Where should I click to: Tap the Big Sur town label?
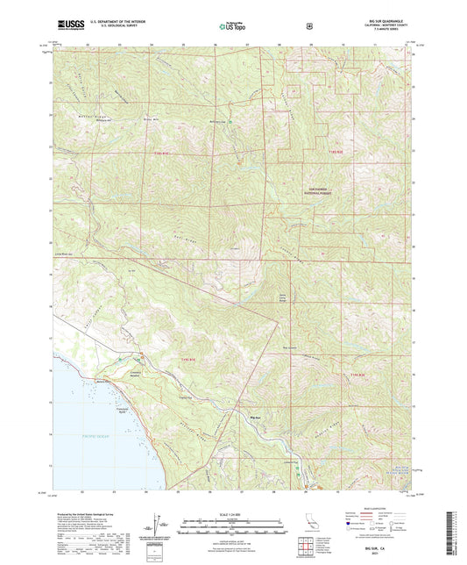tap(256, 418)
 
